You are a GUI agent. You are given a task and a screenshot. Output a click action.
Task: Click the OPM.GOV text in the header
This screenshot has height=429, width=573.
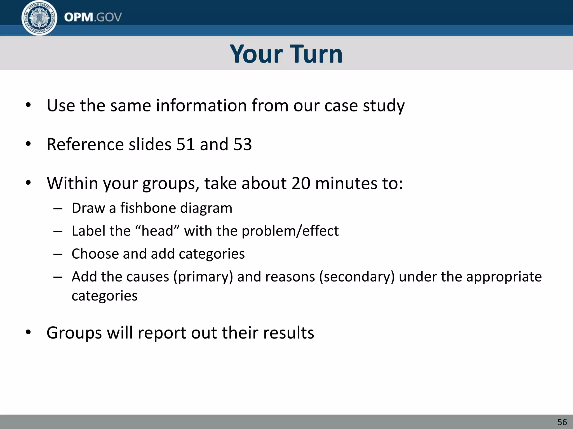93,17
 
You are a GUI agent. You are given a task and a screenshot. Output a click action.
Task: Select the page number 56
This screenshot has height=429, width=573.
562,422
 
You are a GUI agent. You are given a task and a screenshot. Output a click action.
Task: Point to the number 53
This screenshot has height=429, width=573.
243,144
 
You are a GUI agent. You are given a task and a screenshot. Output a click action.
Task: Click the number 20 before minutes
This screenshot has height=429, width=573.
301,183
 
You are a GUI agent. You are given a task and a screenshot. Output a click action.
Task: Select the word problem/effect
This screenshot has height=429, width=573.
290,231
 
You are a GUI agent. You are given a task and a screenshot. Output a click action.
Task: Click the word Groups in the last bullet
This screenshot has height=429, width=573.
74,333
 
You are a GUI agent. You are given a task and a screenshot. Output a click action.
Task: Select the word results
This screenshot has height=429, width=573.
288,333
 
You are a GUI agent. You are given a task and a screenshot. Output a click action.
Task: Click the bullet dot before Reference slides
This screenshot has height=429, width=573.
28,144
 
